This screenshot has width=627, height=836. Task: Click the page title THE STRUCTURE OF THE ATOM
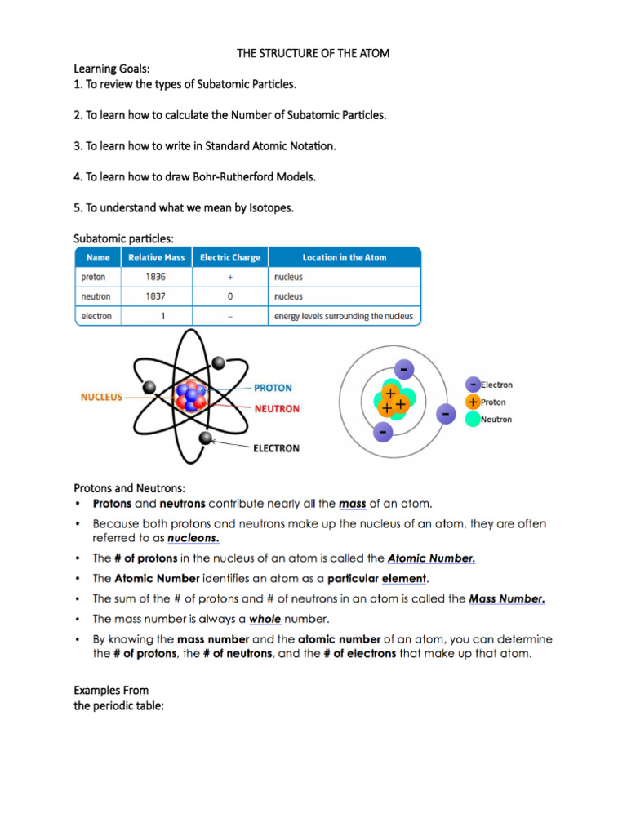(x=313, y=53)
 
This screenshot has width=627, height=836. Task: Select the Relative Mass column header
(x=156, y=257)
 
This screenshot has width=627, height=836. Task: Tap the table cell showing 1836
(x=156, y=278)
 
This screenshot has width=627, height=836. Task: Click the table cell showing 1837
(x=156, y=297)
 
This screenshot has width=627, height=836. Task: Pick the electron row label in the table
(x=96, y=317)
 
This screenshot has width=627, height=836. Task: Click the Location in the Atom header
(x=345, y=257)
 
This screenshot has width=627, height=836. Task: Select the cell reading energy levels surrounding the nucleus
(x=344, y=317)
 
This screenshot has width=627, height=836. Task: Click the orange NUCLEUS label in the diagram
(x=101, y=398)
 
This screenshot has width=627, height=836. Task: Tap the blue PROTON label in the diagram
(x=273, y=388)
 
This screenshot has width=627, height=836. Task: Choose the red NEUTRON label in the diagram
(x=277, y=408)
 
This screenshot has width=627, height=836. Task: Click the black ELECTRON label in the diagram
(x=275, y=448)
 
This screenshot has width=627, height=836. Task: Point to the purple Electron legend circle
(x=473, y=384)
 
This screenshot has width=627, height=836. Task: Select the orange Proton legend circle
(x=473, y=402)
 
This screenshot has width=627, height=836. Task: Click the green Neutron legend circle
(x=473, y=420)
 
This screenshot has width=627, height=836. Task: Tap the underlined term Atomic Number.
(x=431, y=558)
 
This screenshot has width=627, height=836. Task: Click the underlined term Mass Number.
(x=506, y=598)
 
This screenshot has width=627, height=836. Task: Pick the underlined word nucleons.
(x=193, y=539)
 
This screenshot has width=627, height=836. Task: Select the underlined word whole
(x=265, y=619)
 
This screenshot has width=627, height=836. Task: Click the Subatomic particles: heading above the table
(x=124, y=238)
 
